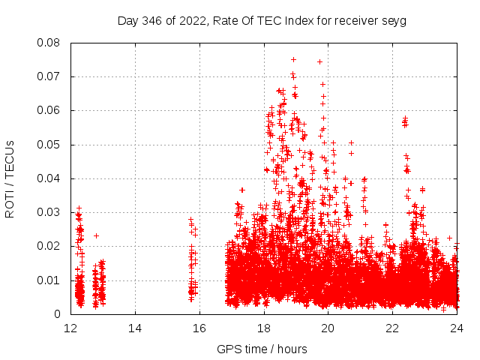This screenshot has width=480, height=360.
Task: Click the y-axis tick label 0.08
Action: point(50,43)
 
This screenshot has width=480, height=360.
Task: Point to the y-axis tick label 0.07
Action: point(50,76)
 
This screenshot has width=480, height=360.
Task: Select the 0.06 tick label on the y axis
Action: point(50,110)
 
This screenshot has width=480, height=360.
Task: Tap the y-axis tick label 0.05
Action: point(50,145)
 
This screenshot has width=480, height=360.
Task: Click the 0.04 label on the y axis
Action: point(50,178)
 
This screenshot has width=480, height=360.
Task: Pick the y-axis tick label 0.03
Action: point(50,212)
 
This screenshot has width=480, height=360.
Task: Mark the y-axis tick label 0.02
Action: point(50,246)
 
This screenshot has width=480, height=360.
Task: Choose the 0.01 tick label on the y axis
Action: point(50,280)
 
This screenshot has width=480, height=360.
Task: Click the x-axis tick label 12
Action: point(70,328)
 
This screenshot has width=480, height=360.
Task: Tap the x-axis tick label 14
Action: point(135,328)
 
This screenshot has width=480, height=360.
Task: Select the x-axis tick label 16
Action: point(199,328)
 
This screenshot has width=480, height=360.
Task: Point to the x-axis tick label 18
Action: point(264,328)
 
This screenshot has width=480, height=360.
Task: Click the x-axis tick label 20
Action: point(328,328)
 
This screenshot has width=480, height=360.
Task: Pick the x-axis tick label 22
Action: point(393,328)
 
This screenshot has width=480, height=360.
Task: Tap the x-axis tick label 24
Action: point(457,328)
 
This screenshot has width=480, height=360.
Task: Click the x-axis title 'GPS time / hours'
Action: point(262,349)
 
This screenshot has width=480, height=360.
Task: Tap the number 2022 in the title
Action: point(190,21)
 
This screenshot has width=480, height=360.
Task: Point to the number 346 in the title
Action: point(152,21)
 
